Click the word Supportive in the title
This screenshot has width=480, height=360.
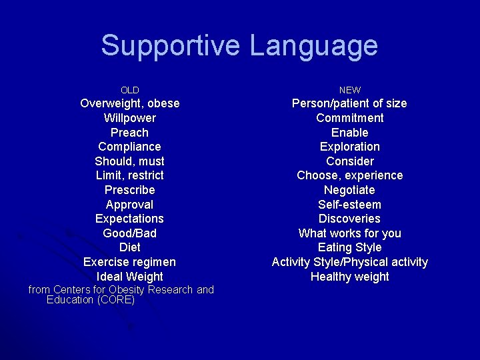(171, 46)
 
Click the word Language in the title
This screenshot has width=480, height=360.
(313, 46)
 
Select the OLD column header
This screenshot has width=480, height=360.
(129, 90)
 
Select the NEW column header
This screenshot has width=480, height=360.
(349, 90)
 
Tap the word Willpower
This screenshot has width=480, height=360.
(129, 118)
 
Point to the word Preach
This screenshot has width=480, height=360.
(129, 133)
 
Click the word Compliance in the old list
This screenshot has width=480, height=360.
(129, 147)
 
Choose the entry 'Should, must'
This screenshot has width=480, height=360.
(129, 161)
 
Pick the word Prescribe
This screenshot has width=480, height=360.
(129, 190)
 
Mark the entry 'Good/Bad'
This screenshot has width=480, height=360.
(129, 233)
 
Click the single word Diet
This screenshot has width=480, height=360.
(129, 247)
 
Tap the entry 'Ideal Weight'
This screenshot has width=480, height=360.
(129, 277)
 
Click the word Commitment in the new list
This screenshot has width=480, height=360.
(349, 118)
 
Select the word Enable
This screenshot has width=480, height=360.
(349, 133)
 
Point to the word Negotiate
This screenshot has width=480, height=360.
(349, 190)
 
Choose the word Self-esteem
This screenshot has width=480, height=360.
(349, 205)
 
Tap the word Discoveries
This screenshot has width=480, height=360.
(349, 219)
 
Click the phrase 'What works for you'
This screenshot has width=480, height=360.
(349, 233)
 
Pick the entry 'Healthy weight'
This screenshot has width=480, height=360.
(349, 277)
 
